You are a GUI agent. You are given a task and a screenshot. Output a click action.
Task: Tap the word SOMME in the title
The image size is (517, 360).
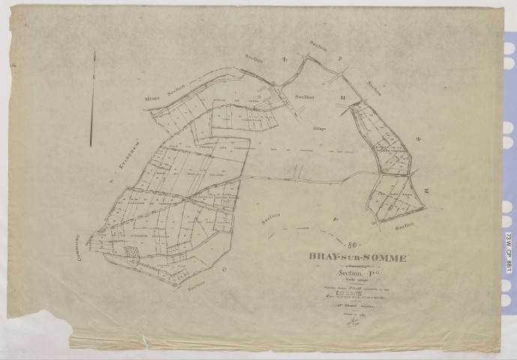pyautogui.click(x=384, y=258)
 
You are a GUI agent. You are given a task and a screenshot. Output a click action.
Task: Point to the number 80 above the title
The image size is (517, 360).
pyautogui.click(x=353, y=244)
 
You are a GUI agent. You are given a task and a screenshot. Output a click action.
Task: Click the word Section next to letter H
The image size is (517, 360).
pyautogui.click(x=305, y=97)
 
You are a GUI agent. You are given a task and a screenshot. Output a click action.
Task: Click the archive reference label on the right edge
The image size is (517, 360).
pyautogui.click(x=509, y=245)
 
